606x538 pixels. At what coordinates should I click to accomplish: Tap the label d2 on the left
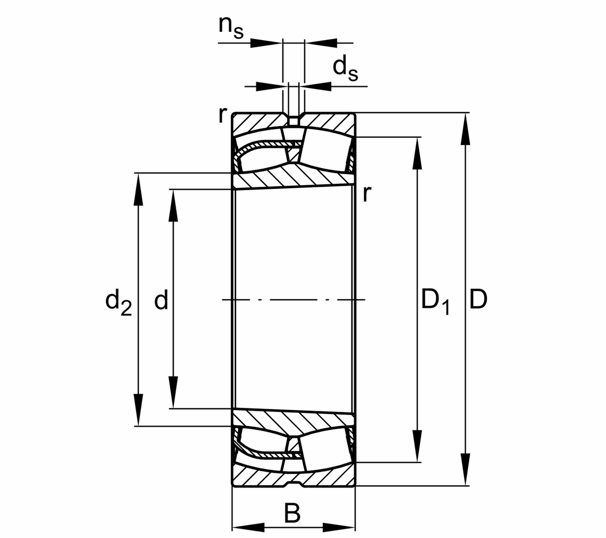pyautogui.click(x=118, y=301)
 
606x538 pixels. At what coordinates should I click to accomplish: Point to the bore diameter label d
pyautogui.click(x=161, y=301)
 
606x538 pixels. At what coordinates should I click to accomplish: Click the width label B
pyautogui.click(x=292, y=514)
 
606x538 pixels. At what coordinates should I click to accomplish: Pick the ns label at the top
pyautogui.click(x=231, y=28)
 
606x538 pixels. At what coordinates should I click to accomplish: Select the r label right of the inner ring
pyautogui.click(x=367, y=193)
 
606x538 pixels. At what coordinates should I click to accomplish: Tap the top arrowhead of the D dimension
pyautogui.click(x=466, y=129)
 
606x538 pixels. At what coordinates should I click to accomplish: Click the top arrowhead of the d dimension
pyautogui.click(x=173, y=205)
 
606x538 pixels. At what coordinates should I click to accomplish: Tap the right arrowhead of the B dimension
pyautogui.click(x=339, y=528)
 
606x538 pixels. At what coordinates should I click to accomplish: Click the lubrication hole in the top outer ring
pyautogui.click(x=293, y=120)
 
